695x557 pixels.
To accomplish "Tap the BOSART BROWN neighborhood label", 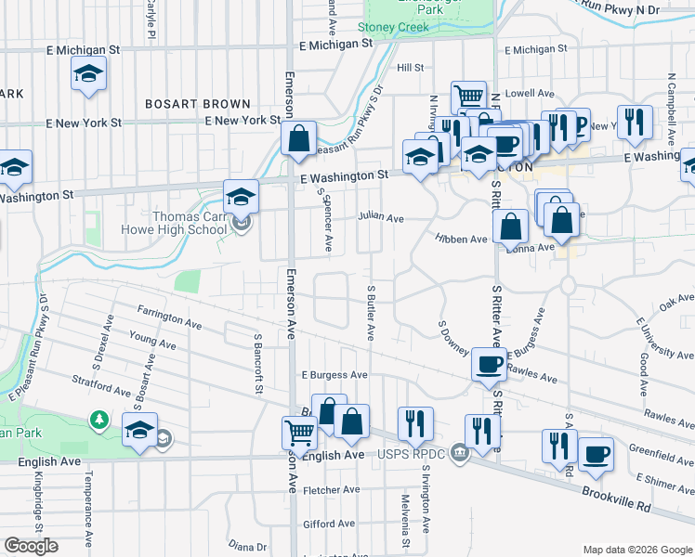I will coord(197,104).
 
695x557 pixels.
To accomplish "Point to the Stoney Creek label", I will coord(394,28).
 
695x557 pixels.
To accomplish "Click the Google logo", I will coord(31,546).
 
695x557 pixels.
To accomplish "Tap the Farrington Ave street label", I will coord(169,317).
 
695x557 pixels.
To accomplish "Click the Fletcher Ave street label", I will coord(332,490).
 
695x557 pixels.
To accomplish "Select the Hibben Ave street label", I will coord(462,239).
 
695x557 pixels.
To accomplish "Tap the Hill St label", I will coord(410,68).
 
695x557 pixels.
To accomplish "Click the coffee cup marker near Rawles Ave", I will coord(489,364).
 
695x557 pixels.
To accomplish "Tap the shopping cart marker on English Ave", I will coord(299,432).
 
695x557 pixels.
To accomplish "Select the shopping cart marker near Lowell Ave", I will coord(468,96).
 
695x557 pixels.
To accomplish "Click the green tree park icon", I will coord(98,421).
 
